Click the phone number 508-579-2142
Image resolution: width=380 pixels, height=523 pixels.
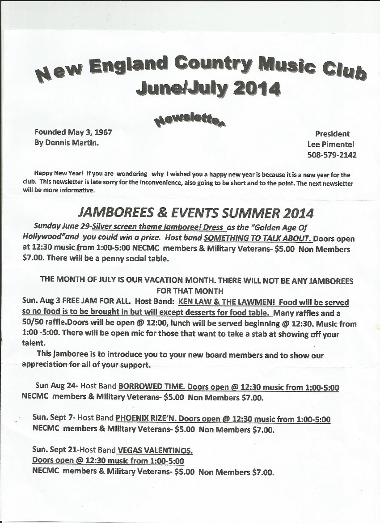[332, 155]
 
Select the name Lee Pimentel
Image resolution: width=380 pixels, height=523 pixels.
[332, 144]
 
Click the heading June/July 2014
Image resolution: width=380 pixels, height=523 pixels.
[208, 87]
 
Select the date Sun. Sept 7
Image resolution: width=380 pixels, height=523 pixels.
[54, 419]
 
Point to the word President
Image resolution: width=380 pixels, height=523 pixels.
[332, 133]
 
